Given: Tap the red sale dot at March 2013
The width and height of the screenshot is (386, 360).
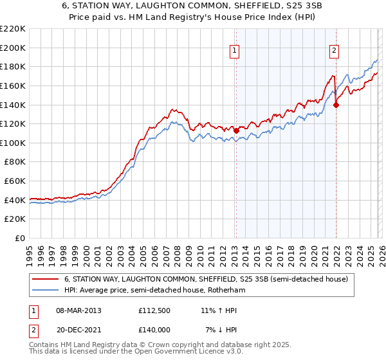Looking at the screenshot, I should [235, 130].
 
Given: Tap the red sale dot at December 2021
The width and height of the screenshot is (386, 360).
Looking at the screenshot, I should [336, 105].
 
